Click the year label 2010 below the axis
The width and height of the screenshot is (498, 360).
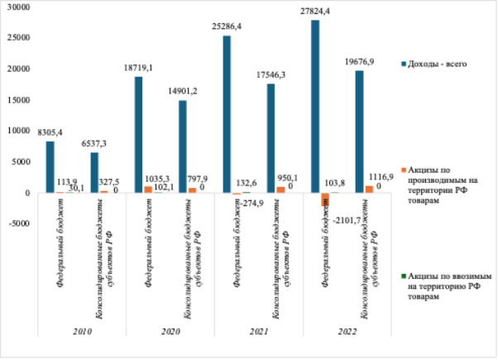click(83, 331)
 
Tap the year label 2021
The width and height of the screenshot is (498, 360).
click(259, 331)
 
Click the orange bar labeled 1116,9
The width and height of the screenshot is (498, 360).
click(369, 190)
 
